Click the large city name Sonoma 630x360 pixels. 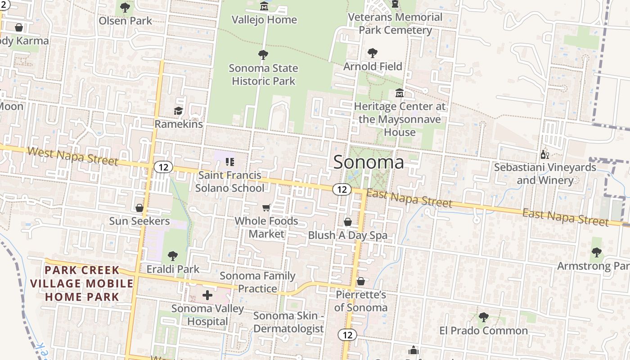tap(369, 162)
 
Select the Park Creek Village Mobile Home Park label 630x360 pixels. tap(82, 283)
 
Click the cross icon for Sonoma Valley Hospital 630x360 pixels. tap(207, 296)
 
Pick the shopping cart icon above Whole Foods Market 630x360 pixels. tap(266, 207)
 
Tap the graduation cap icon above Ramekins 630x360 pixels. tap(179, 111)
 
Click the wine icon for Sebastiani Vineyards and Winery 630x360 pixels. tap(544, 155)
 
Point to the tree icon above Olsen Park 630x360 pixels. tap(125, 8)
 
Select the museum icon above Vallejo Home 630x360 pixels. tap(264, 6)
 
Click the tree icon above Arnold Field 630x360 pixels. tap(373, 53)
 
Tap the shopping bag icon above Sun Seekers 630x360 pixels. tap(139, 208)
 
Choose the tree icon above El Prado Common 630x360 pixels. tap(484, 317)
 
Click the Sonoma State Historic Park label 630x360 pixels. tap(263, 75)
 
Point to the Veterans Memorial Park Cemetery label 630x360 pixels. tap(396, 23)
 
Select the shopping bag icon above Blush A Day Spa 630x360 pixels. tap(347, 222)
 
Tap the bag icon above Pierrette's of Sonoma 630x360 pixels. tap(361, 282)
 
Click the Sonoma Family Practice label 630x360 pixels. tap(257, 282)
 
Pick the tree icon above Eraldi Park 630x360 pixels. tap(172, 256)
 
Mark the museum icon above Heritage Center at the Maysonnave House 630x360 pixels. tap(400, 93)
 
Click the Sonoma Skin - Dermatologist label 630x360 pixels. tap(288, 322)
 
